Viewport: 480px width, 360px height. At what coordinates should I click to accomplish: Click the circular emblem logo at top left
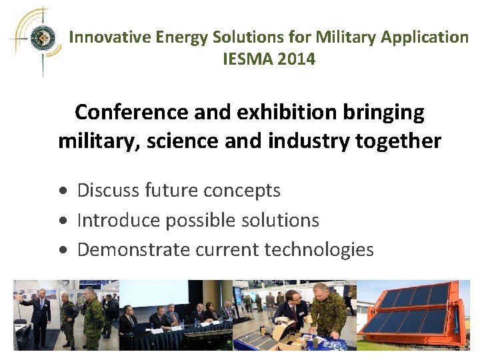tap(41, 38)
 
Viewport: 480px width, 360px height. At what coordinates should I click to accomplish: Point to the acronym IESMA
tap(246, 59)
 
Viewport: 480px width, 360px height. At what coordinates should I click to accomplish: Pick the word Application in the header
tap(425, 37)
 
